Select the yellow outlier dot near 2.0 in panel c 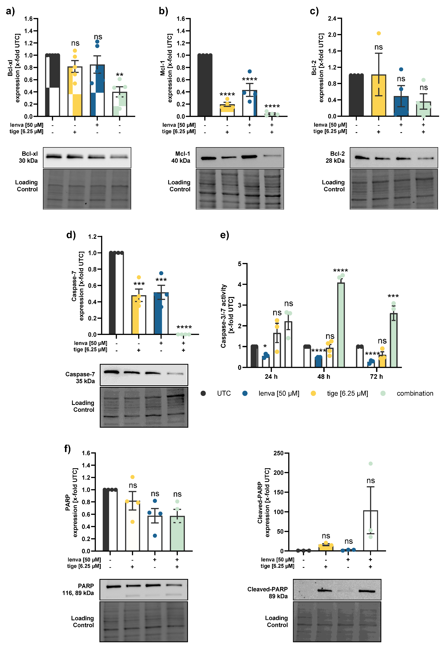click(x=379, y=33)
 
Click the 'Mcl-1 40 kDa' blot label click(x=181, y=157)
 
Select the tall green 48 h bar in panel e click(x=341, y=324)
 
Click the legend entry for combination click(x=414, y=393)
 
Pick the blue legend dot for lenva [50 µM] click(x=245, y=393)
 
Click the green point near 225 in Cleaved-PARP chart click(x=371, y=463)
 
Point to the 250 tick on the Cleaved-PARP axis click(x=278, y=453)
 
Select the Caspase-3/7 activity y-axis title click(x=227, y=316)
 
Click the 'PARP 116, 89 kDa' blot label click(x=78, y=589)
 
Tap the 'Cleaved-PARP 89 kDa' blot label click(x=268, y=593)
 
